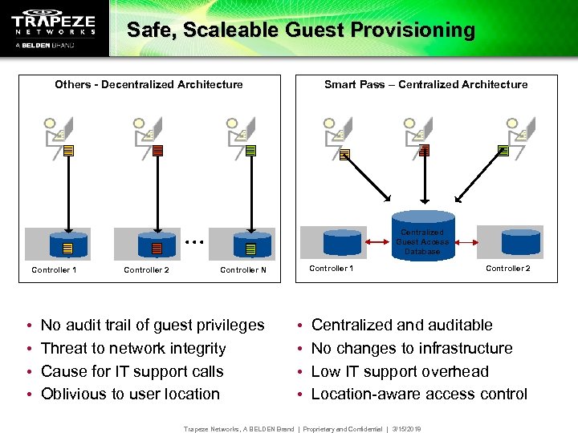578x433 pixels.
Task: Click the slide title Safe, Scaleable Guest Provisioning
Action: [x=301, y=30]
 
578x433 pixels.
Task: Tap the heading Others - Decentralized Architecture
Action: [x=149, y=84]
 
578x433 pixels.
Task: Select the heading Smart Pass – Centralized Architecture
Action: [x=425, y=84]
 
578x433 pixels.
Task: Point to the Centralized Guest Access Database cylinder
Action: [x=422, y=233]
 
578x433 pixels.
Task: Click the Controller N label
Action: [x=243, y=270]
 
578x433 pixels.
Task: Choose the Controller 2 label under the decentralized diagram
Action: [x=146, y=270]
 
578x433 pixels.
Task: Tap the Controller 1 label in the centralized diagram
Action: [x=332, y=269]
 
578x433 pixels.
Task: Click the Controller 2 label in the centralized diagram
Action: [x=508, y=269]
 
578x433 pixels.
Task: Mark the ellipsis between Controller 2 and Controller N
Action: [x=195, y=240]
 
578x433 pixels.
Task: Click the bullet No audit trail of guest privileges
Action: [x=153, y=325]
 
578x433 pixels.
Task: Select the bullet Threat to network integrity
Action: [x=133, y=348]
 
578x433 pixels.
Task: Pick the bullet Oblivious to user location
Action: [x=130, y=394]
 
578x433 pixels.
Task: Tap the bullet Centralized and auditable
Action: [x=401, y=325]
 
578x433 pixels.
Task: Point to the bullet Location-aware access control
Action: [x=419, y=394]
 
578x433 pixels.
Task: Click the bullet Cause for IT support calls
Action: [x=132, y=371]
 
